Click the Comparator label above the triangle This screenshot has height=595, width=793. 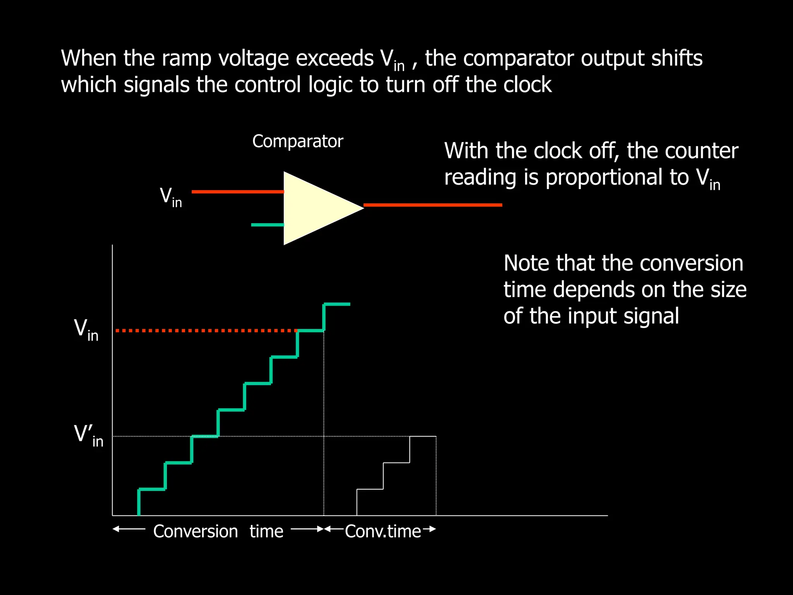pos(297,141)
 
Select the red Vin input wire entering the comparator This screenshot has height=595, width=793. pos(238,192)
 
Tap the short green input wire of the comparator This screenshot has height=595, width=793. pos(267,225)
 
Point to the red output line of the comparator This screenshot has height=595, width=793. pos(433,205)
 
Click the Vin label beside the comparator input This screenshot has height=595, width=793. pos(171,197)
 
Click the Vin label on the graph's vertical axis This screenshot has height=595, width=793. pos(86,330)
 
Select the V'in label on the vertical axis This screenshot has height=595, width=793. pos(88,436)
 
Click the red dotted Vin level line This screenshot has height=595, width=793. pos(205,331)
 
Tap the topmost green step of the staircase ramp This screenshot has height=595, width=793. pos(337,304)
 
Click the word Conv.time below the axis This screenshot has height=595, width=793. pos(383,531)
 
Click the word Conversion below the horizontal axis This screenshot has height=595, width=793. pos(196,531)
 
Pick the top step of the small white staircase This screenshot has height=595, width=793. pos(423,437)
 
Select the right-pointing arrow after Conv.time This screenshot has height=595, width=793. pos(429,529)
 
